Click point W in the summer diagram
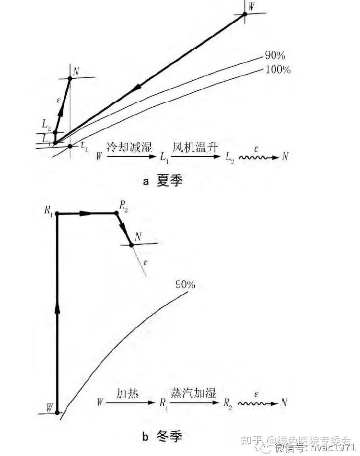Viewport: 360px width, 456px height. coord(245,14)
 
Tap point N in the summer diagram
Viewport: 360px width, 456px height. coord(70,78)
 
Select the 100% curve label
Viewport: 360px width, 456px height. coord(278,71)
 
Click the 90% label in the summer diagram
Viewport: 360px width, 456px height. coord(274,55)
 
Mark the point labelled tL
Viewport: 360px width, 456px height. coord(70,145)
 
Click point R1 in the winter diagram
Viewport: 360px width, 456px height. coord(57,214)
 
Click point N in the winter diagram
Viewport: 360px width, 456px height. coord(131,245)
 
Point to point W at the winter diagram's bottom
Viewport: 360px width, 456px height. coord(57,413)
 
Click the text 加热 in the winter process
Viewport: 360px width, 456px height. coord(128,394)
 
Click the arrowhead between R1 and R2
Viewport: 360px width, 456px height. coord(86,213)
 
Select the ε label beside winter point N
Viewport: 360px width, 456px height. coord(145,263)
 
